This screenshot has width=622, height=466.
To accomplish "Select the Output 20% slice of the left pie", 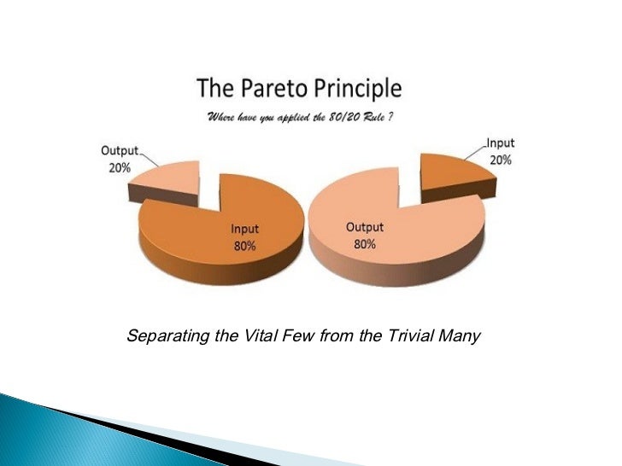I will coord(167,181).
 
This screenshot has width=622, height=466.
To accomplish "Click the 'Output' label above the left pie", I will coord(120,151).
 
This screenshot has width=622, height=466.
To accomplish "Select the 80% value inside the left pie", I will coord(245,246).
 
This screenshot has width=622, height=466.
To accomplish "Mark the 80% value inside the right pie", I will coord(364,243).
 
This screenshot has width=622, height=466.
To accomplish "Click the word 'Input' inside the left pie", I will coord(245,229).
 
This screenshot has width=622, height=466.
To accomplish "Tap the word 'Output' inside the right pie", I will coord(365,227).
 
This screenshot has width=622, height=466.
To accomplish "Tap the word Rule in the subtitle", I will coord(379,116).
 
